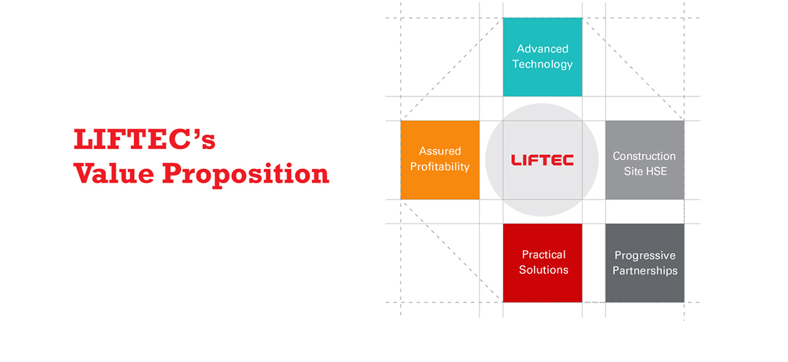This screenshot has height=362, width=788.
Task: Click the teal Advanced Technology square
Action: tap(542, 57)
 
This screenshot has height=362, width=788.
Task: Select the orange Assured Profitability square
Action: tap(440, 160)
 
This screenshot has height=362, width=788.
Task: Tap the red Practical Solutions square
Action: tap(542, 263)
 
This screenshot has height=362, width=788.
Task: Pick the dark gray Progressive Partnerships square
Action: tap(645, 263)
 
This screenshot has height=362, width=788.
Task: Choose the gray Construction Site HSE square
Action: tap(645, 160)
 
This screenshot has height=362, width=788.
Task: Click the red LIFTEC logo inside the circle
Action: tap(542, 160)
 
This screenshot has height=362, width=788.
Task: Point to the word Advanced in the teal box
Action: tap(542, 49)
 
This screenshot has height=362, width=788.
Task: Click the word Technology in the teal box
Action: tap(542, 64)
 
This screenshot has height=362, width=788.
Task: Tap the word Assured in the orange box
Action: tap(440, 151)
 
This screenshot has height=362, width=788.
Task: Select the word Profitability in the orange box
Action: tap(440, 167)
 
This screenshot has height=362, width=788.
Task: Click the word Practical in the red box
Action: tap(544, 254)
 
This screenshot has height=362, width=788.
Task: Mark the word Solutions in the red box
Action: tap(544, 270)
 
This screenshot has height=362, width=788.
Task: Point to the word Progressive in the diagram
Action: tap(645, 256)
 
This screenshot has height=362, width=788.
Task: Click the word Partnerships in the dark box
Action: tap(645, 271)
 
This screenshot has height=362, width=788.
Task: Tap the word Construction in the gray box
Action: tap(644, 156)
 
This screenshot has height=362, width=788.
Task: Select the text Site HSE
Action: tap(646, 171)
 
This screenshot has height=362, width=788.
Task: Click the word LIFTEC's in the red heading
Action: tap(144, 139)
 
